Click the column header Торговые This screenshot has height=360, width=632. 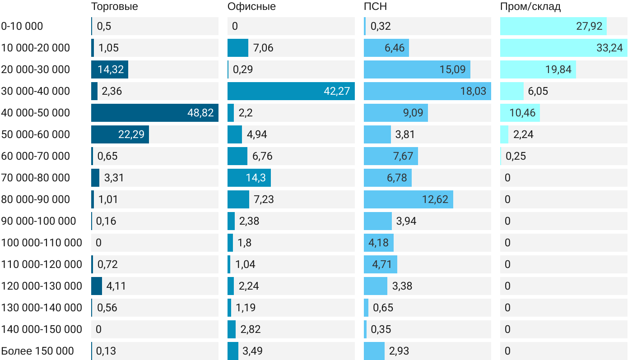pos(114,7)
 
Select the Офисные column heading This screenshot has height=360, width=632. pos(251,7)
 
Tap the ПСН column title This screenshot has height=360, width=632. pos(375,7)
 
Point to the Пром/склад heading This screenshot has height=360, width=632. pos(530,7)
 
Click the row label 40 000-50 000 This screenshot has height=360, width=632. pos(36,113)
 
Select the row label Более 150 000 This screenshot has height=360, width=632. pos(37,351)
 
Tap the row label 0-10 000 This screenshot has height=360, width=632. pos(22,26)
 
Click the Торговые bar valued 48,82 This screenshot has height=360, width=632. pos(155,113)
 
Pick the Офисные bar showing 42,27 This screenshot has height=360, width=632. pos(291,91)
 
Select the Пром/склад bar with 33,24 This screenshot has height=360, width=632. pos(564,48)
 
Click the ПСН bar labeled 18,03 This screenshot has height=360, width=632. pos(428,91)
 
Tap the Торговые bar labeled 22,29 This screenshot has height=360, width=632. pos(120,134)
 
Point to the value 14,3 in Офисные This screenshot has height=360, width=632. pos(256,178)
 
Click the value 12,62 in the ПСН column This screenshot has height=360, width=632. pos(435,199)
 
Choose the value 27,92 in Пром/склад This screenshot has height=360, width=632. pos(589,26)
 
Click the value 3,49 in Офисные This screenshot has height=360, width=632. pos(251,351)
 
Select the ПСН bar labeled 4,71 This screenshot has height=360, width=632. pos(381,264)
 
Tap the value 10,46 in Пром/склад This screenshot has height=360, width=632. pos(522,113)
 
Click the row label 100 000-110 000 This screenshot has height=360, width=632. pos(42,243)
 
